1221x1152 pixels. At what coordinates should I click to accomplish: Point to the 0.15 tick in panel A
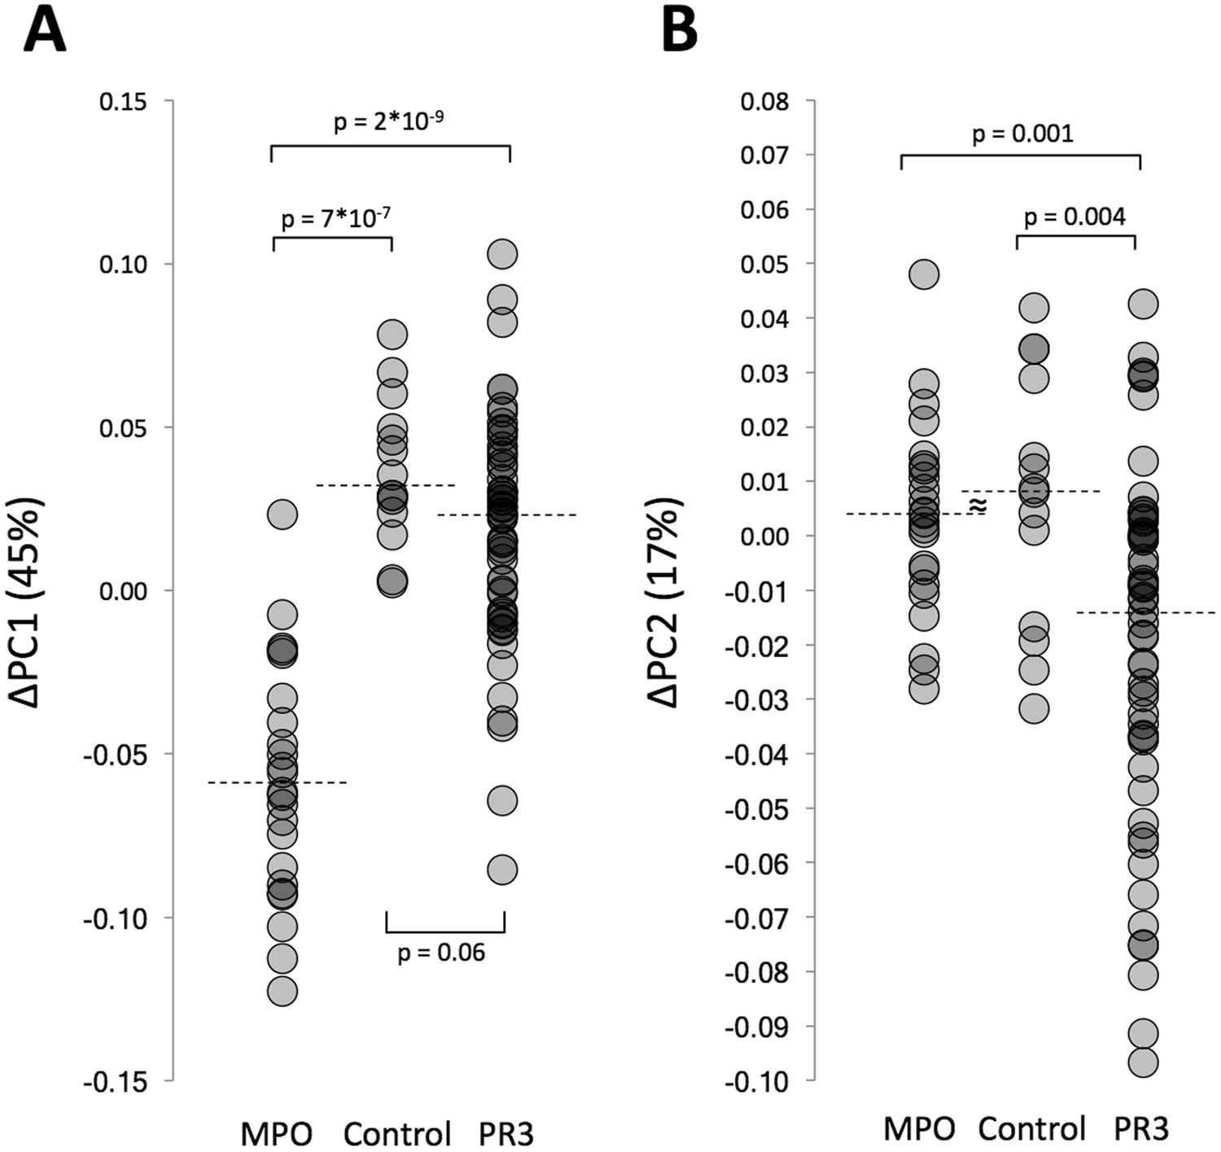[122, 102]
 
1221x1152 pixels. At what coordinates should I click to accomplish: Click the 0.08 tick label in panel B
[764, 102]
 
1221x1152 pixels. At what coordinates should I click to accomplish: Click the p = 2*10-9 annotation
[389, 122]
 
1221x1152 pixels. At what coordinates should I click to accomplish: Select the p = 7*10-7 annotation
[335, 218]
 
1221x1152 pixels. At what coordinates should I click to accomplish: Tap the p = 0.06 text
[441, 952]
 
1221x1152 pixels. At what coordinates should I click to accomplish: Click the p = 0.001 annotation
[1022, 134]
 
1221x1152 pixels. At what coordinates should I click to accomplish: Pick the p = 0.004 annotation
[1074, 217]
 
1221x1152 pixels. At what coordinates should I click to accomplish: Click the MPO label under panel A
[277, 1133]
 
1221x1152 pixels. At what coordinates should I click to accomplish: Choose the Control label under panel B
[1031, 1129]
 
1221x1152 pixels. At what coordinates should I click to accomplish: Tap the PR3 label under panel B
[1141, 1129]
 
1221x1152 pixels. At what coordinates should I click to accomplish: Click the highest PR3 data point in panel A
[502, 254]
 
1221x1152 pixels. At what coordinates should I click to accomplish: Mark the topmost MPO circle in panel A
[282, 514]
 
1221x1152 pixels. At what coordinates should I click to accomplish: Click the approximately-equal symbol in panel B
[978, 506]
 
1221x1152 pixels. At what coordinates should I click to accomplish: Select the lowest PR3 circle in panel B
[1143, 1062]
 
